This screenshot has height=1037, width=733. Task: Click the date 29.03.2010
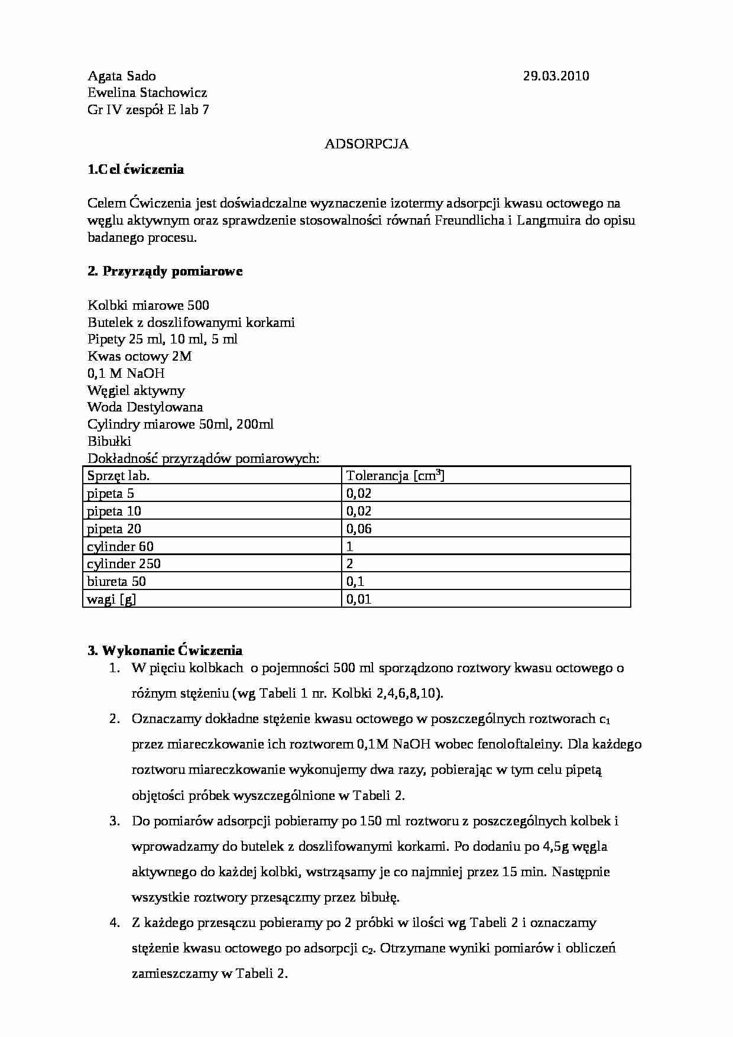point(556,76)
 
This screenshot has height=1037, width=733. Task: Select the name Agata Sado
point(122,76)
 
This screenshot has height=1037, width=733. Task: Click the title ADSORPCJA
point(367,144)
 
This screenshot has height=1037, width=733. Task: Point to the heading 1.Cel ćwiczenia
point(136,170)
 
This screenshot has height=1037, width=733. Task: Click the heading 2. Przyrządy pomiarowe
point(165,271)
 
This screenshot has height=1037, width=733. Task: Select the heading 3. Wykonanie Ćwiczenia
point(165,651)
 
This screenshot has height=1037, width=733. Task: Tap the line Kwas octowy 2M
point(140,356)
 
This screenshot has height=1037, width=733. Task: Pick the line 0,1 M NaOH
point(126,373)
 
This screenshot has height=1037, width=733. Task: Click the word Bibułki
point(109,441)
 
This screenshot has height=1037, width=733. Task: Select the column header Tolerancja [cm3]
point(395,475)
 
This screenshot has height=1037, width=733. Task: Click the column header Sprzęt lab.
point(118,475)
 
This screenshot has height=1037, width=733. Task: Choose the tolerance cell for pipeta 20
point(359,529)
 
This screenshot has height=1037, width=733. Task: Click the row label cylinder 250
point(124,563)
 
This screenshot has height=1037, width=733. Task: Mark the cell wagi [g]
point(112,599)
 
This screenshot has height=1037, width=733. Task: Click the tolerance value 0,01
point(359,599)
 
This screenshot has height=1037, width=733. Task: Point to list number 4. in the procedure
point(115,922)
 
